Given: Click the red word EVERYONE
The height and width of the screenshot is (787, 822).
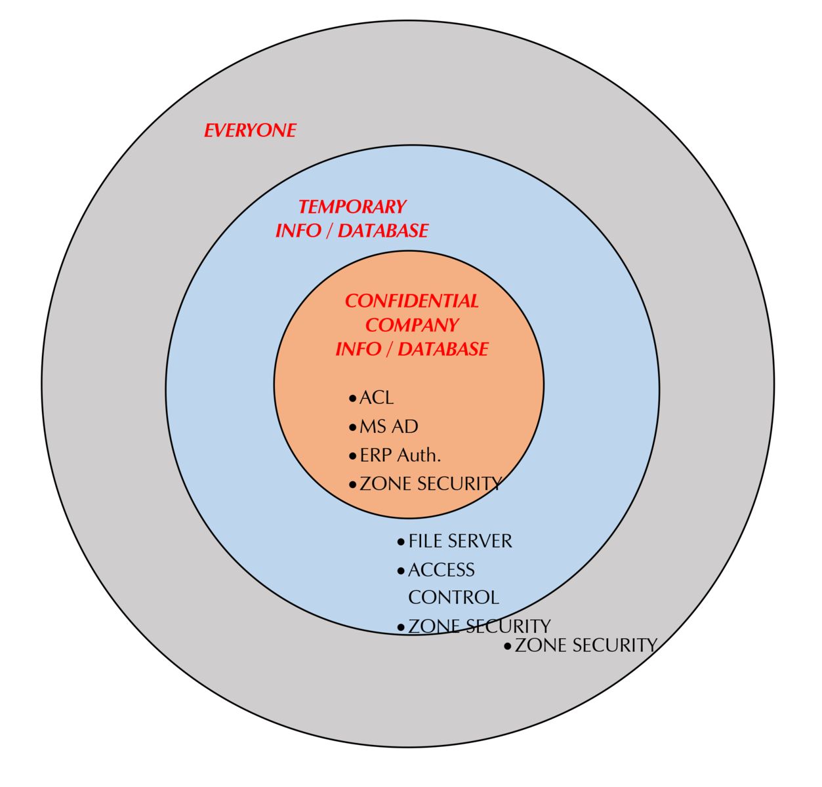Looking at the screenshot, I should (250, 131).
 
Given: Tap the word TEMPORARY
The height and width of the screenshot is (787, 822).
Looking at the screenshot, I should (352, 207).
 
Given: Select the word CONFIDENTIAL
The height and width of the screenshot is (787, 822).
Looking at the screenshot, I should (411, 301).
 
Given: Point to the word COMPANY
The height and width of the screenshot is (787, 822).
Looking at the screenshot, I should (411, 325).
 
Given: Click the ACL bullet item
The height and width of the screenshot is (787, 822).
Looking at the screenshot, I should (377, 398).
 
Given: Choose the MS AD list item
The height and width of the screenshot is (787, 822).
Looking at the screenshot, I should (388, 427).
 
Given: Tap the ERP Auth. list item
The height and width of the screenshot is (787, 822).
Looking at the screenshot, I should (400, 455).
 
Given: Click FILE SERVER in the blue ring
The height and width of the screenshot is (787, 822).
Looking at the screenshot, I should (460, 541).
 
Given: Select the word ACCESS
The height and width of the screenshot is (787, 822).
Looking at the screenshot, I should (441, 570).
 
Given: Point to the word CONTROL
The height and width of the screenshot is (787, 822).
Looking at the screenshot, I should (453, 597).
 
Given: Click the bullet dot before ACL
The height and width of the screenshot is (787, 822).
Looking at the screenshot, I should (353, 399).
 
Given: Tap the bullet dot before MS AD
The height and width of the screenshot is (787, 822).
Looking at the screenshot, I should (353, 428).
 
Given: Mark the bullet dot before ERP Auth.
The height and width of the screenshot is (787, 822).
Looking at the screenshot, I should (353, 456).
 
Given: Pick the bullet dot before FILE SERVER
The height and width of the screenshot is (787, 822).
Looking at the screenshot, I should (401, 542).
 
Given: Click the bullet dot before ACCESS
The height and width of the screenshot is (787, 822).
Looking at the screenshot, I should (401, 571).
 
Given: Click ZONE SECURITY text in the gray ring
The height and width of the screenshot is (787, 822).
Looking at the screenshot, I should (586, 645).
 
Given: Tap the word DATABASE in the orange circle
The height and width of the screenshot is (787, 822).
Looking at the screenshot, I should (443, 349).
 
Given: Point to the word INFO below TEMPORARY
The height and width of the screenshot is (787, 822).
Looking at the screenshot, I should (298, 231).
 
